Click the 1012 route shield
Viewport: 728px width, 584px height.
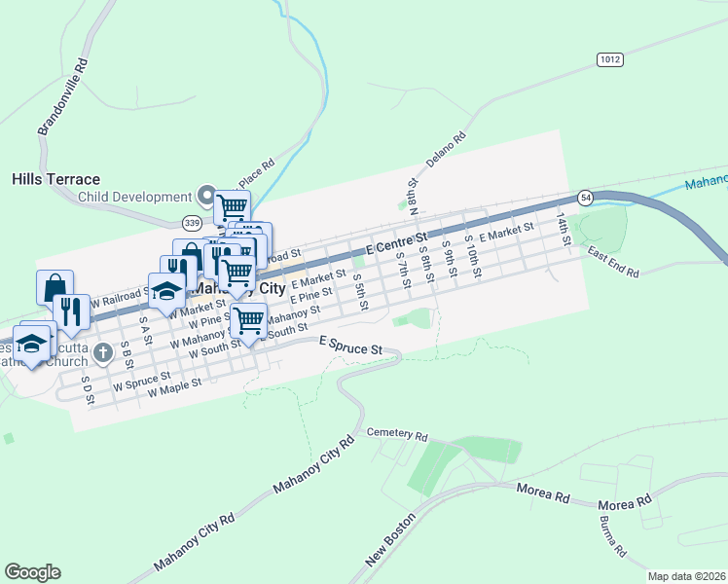(x=609, y=59)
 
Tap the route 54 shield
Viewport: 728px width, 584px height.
(x=585, y=198)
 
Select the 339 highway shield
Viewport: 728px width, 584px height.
(x=191, y=224)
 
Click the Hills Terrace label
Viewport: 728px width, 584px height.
(x=55, y=179)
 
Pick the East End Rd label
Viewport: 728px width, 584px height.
(x=613, y=260)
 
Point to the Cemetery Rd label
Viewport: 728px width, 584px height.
(x=397, y=433)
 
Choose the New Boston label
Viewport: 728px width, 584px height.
(x=389, y=538)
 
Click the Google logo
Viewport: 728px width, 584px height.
(x=32, y=572)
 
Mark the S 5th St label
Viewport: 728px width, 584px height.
(x=359, y=291)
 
